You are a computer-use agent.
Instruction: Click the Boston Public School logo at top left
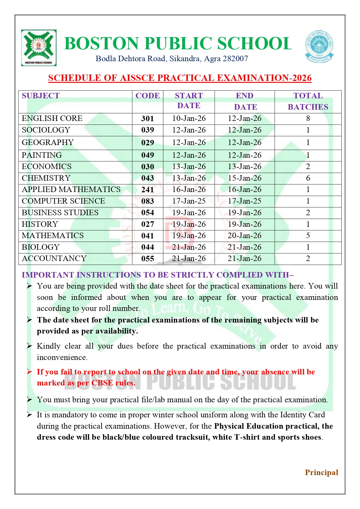point(39,48)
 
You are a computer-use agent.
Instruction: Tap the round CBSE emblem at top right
point(319,47)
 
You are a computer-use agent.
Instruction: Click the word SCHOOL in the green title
point(254,44)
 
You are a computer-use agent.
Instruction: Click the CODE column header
point(147,96)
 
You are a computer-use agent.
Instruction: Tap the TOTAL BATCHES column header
point(308,101)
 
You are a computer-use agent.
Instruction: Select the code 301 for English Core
point(147,119)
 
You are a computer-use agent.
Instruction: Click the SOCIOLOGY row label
point(46,130)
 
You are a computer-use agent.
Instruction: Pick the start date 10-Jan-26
point(189,118)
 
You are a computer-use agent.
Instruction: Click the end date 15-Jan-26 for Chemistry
point(245,178)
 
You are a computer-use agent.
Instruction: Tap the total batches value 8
point(308,118)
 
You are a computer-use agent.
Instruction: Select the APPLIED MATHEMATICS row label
point(71,189)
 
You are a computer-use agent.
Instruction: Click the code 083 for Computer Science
point(147,201)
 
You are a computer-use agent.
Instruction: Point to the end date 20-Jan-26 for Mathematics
point(245,236)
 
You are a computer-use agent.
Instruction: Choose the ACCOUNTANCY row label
point(54,258)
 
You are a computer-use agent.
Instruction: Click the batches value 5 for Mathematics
point(308,236)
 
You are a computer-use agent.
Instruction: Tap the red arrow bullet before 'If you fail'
point(29,372)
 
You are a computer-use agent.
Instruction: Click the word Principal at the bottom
point(321,472)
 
